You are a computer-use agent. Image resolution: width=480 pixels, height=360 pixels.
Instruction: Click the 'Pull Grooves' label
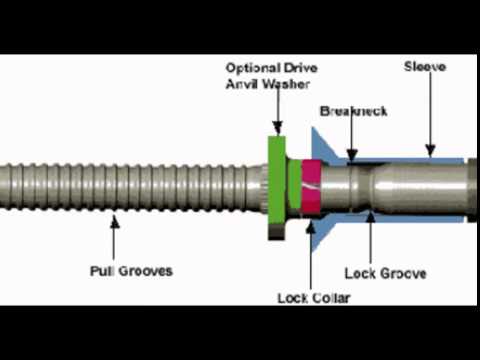pyautogui.click(x=130, y=271)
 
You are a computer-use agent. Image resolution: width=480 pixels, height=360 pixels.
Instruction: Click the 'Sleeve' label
pyautogui.click(x=424, y=67)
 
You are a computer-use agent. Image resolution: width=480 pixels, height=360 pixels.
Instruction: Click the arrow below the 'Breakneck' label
pyautogui.click(x=351, y=138)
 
